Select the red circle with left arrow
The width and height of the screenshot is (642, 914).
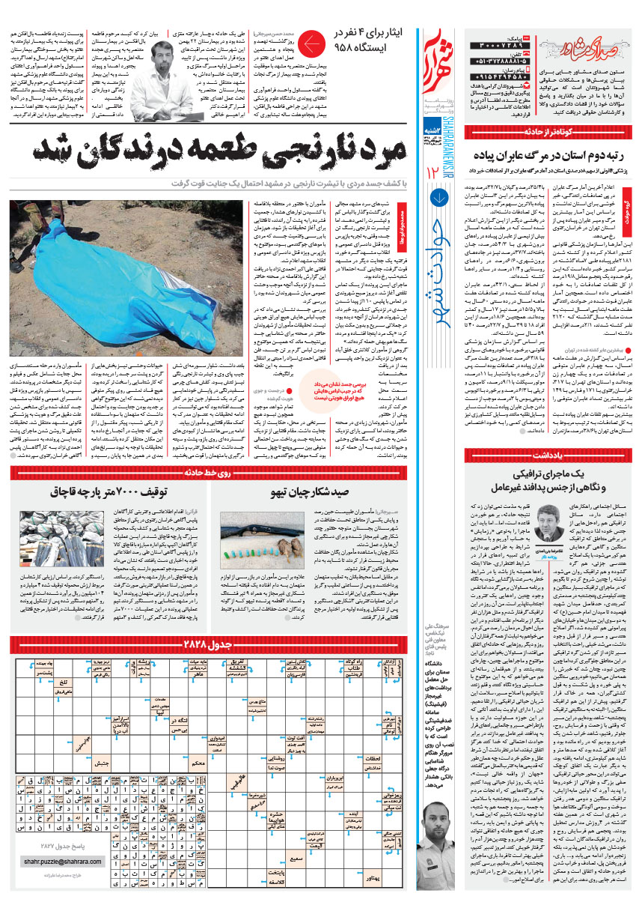tap(311, 46)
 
